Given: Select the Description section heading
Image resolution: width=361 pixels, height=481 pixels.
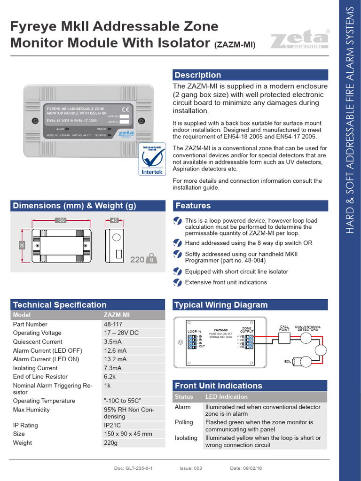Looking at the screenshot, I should (197, 75).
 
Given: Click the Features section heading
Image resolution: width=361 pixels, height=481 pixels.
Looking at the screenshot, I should (193, 206).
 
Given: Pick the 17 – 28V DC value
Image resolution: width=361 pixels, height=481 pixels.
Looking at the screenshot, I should (121, 333).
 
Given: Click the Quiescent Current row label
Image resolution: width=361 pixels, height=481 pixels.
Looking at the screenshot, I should (38, 342).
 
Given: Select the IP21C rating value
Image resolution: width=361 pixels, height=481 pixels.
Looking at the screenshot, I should (112, 425).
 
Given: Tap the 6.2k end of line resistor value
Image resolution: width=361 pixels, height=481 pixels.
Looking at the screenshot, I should (109, 377).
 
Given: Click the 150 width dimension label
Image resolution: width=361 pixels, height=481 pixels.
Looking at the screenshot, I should (60, 220).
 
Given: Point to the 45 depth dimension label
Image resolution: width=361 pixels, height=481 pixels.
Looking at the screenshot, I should (114, 220).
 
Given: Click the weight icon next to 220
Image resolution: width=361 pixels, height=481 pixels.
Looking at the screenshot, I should (151, 258).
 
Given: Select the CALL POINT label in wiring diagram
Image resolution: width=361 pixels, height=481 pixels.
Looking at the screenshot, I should (284, 328).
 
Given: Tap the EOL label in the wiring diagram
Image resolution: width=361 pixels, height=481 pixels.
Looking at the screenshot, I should (287, 361).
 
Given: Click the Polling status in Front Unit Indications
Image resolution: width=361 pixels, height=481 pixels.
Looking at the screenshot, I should (184, 422).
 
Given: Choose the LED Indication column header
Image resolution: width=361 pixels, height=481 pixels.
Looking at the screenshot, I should (227, 397).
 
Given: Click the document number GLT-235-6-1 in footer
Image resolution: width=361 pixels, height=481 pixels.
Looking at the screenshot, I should (133, 468).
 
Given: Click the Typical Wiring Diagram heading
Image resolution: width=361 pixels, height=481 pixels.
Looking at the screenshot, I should (221, 305).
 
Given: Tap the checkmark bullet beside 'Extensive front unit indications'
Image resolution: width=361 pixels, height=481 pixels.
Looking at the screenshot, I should (177, 282).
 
